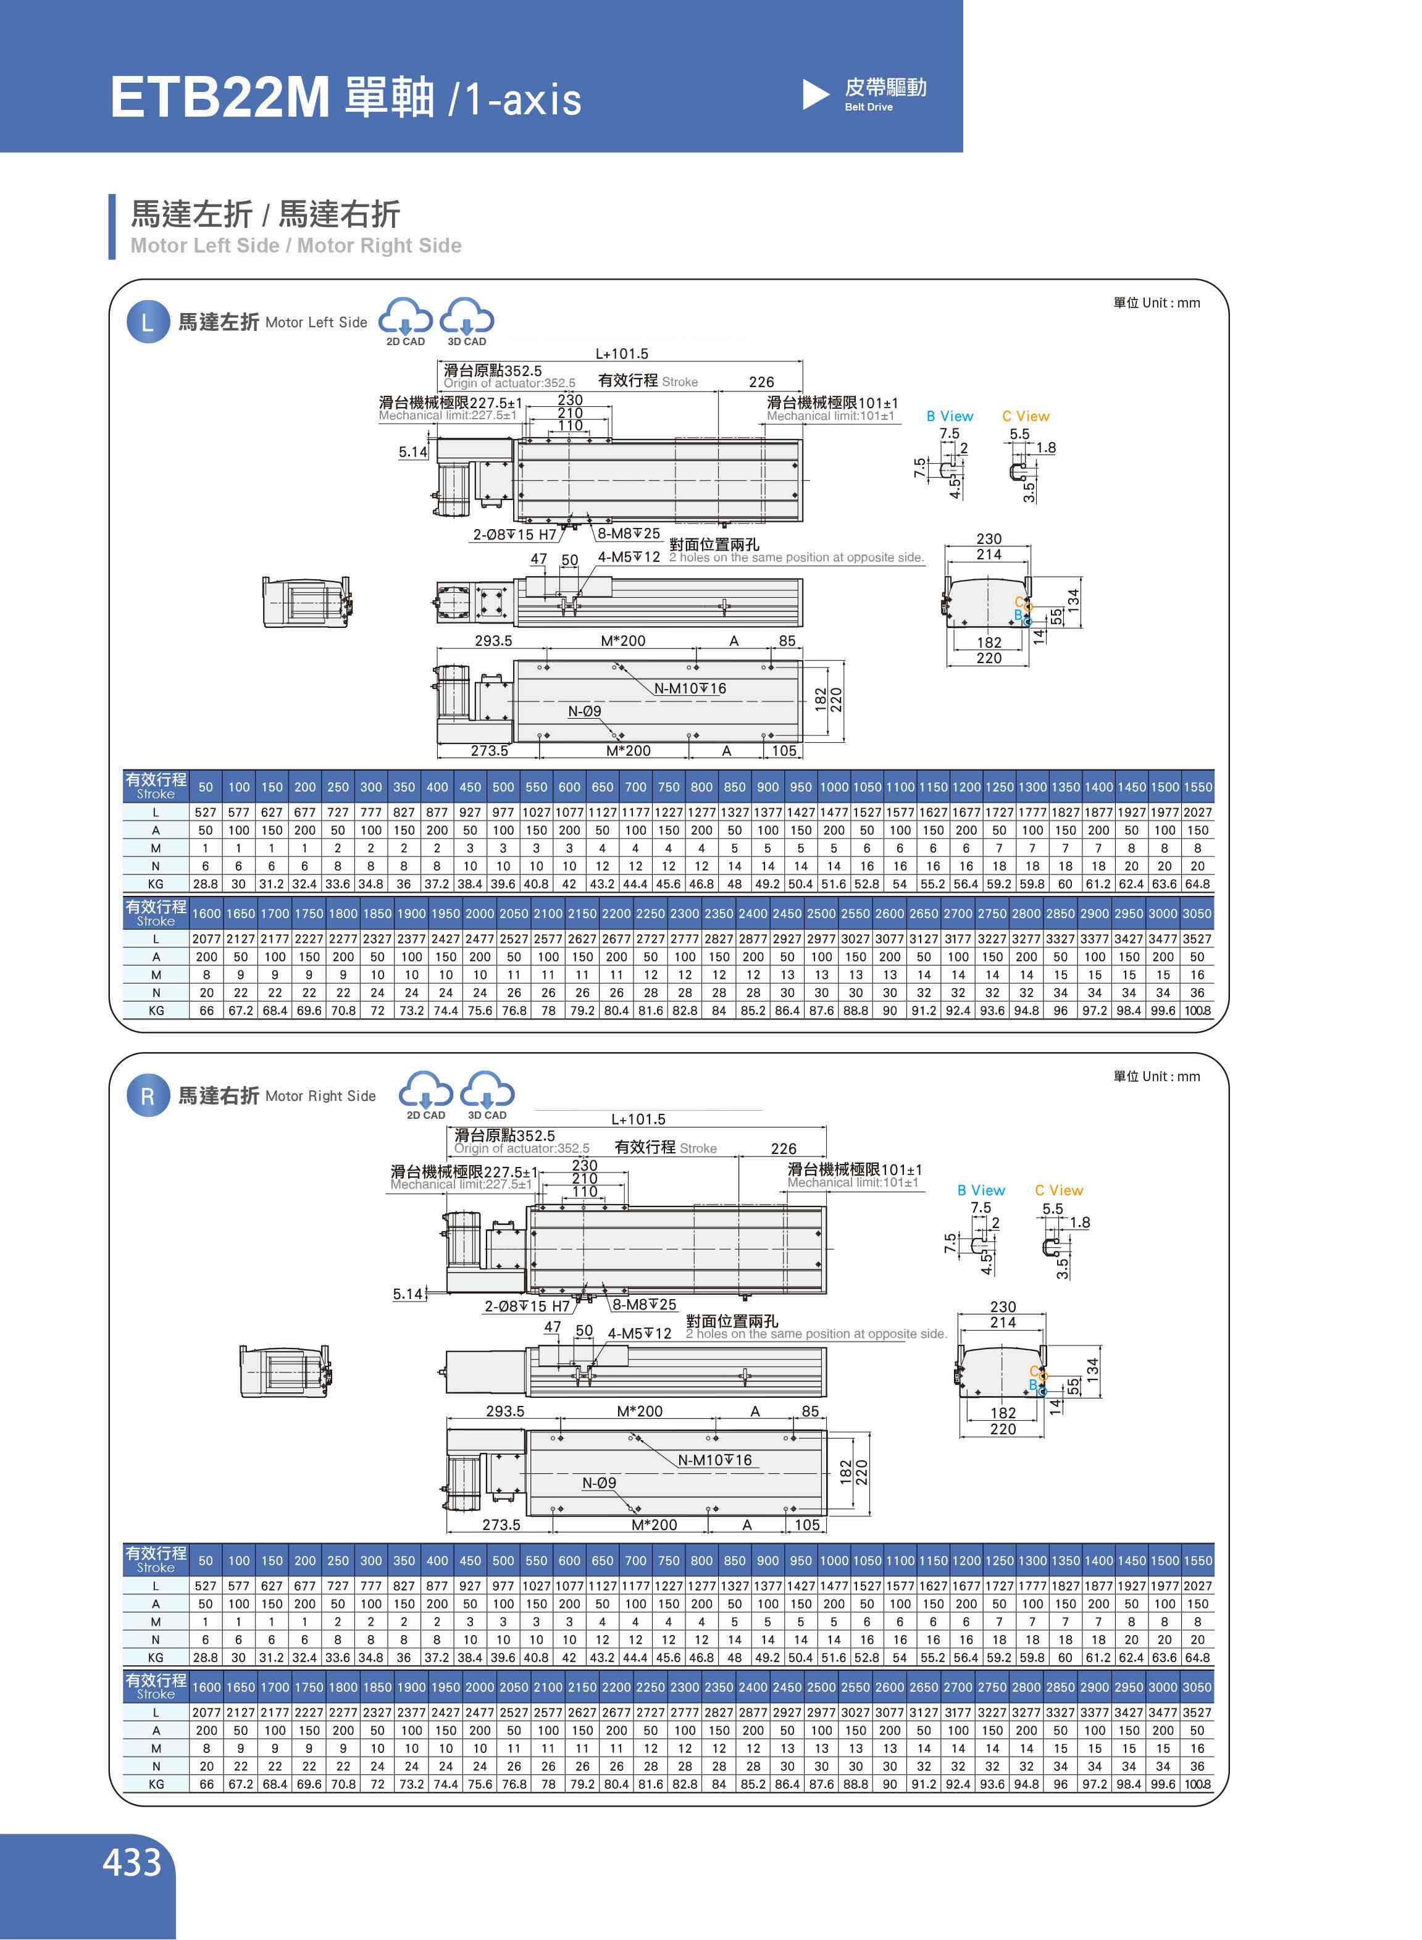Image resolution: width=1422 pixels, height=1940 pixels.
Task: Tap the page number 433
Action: tap(132, 1862)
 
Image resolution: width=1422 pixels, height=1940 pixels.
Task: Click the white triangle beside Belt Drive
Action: tap(814, 94)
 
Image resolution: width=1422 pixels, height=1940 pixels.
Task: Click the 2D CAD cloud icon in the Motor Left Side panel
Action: tap(406, 320)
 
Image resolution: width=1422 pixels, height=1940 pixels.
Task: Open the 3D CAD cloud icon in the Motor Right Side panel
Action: tap(487, 1094)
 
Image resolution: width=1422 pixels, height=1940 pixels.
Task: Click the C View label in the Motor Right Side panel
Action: tap(1059, 1190)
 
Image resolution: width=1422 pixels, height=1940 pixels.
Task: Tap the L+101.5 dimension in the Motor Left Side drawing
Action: tap(622, 354)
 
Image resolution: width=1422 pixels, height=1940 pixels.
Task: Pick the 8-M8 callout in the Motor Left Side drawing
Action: tap(629, 533)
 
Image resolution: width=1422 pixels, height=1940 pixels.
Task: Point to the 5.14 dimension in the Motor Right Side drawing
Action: tap(408, 1294)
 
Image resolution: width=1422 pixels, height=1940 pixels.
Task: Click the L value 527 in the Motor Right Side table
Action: tap(206, 1586)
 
